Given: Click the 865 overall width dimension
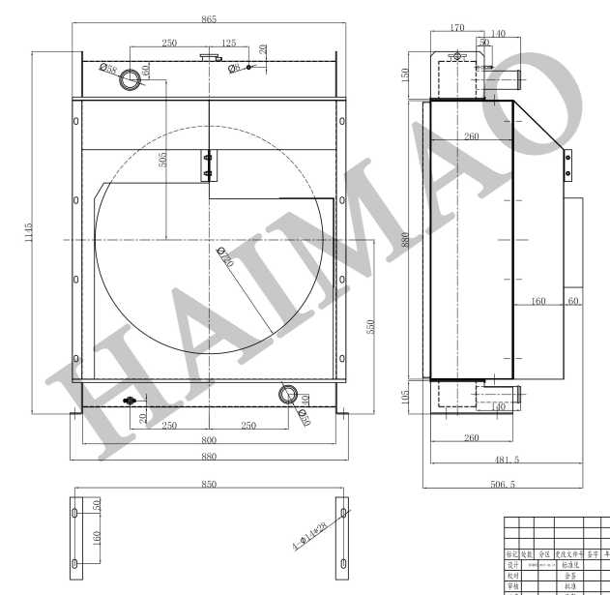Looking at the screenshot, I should (x=209, y=18).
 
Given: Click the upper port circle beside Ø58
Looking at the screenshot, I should (x=131, y=81).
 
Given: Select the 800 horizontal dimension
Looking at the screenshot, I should (x=209, y=440).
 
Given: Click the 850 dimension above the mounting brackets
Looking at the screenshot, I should (x=209, y=484).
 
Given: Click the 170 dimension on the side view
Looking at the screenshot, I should (x=457, y=28).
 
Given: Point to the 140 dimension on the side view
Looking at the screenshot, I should (x=498, y=34).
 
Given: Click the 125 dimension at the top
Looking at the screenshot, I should (x=229, y=44).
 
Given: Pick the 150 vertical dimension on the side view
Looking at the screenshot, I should (x=405, y=74).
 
